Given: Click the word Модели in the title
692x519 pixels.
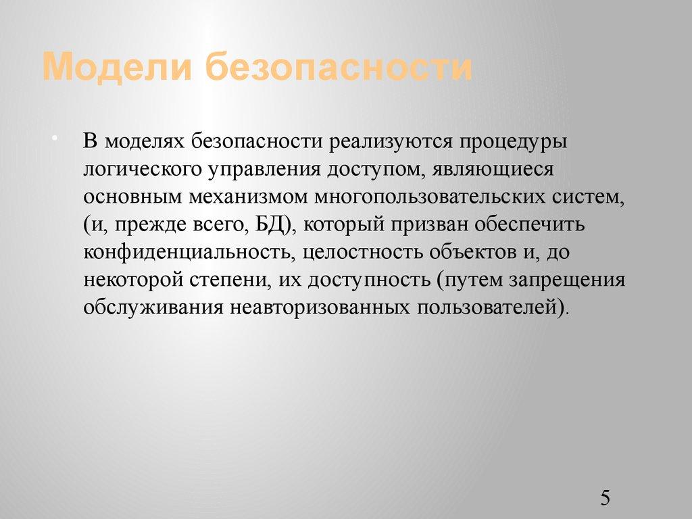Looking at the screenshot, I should (116, 68).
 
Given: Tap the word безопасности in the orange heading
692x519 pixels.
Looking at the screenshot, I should (339, 68).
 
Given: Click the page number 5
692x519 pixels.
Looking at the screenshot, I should (605, 499).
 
